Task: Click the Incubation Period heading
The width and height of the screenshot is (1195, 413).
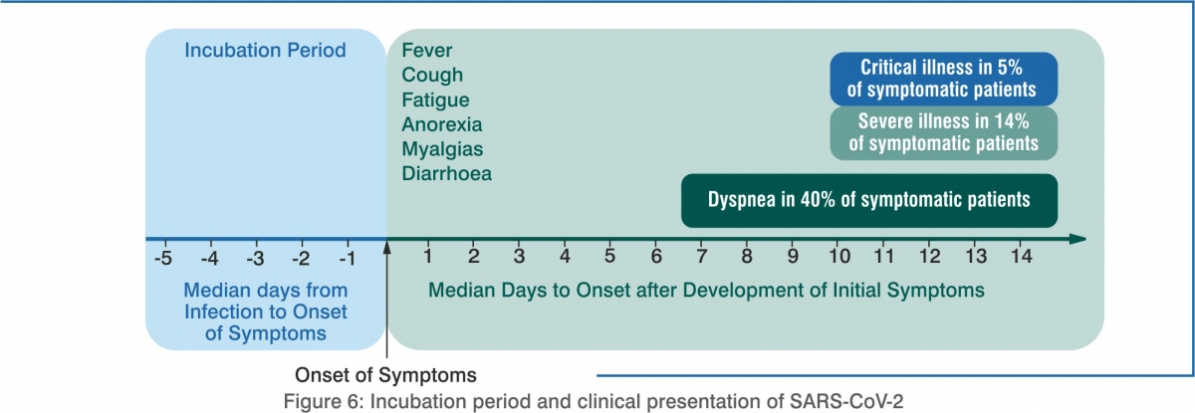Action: click(x=265, y=50)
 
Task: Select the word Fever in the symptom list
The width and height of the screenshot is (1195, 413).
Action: click(x=427, y=50)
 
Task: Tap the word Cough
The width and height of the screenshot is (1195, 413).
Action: click(x=432, y=76)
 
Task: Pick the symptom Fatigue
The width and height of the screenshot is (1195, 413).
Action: click(x=435, y=101)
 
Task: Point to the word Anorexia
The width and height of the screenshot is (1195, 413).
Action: click(x=442, y=124)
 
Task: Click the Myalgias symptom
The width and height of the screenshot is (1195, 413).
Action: click(x=442, y=149)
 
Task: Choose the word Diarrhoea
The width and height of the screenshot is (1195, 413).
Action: click(x=446, y=174)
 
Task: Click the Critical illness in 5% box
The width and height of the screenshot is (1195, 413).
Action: click(x=943, y=79)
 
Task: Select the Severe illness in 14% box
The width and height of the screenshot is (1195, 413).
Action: click(x=943, y=133)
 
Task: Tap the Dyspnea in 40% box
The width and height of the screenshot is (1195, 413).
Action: click(x=869, y=200)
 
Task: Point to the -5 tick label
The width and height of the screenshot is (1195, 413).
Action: click(x=163, y=259)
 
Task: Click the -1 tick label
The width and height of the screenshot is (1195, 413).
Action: click(x=348, y=259)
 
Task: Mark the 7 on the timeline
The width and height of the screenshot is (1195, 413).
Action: click(x=701, y=257)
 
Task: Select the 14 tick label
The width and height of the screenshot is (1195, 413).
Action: click(x=1021, y=257)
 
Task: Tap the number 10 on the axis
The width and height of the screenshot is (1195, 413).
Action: click(x=839, y=257)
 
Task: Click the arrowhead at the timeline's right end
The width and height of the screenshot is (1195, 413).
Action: click(x=1077, y=239)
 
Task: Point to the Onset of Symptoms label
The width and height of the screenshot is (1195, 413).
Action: click(x=385, y=375)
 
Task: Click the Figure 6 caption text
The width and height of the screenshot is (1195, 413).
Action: click(x=594, y=401)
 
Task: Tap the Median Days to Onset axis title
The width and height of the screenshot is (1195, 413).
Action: click(x=706, y=291)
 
